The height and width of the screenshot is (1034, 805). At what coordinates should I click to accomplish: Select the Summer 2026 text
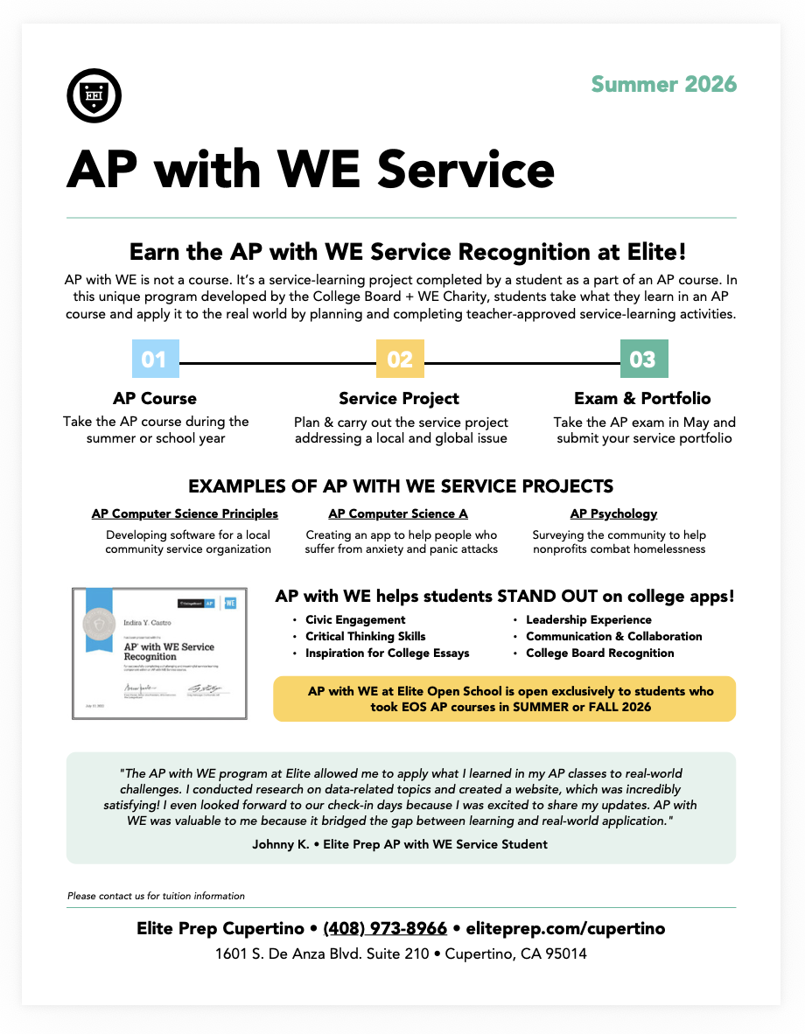[664, 85]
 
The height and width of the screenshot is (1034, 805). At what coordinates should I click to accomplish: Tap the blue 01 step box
[154, 360]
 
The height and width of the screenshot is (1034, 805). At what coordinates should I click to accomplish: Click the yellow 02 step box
[400, 360]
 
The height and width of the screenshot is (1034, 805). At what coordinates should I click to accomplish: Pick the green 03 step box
[643, 360]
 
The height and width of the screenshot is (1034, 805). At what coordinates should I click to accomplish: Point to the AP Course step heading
[155, 399]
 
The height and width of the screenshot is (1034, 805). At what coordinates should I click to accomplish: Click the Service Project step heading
[399, 399]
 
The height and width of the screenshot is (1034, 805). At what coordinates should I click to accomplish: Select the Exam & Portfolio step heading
[642, 399]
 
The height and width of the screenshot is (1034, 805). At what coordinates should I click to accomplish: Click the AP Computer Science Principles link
[185, 514]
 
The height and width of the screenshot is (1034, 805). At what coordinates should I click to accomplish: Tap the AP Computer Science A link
[398, 514]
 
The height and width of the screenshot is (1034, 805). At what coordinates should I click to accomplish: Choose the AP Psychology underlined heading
[613, 514]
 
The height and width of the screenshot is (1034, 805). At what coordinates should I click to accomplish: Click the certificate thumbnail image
[158, 653]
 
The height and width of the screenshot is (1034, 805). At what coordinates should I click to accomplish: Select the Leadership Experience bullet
[588, 620]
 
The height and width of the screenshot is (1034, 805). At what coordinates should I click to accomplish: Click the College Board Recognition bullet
[599, 653]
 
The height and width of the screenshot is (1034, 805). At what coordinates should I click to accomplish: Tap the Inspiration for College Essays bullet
[387, 653]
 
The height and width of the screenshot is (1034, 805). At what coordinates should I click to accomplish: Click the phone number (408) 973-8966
[385, 929]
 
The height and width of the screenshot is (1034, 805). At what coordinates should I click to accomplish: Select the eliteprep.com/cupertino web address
[565, 929]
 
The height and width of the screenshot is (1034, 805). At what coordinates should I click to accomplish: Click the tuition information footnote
[156, 896]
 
